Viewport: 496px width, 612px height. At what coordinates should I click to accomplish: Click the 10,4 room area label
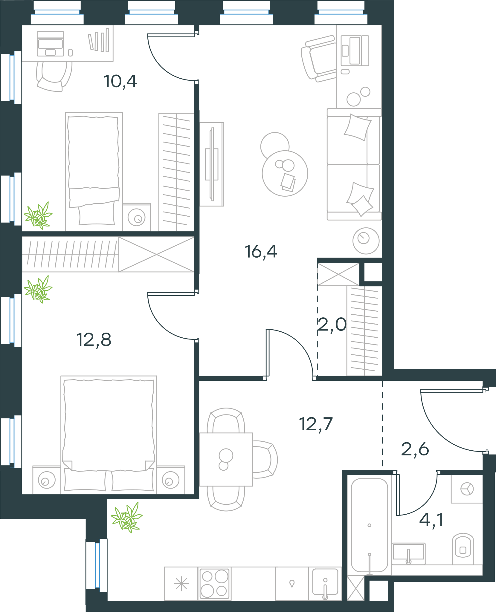pyautogui.click(x=120, y=81)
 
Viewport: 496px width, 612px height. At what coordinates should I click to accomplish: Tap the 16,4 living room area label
pyautogui.click(x=261, y=252)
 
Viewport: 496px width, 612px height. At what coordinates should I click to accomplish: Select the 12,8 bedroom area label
pyautogui.click(x=94, y=340)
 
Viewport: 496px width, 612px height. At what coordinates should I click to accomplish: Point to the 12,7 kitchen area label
pyautogui.click(x=316, y=424)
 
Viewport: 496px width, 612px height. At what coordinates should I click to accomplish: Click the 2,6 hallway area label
pyautogui.click(x=415, y=449)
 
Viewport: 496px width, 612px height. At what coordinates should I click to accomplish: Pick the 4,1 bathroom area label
pyautogui.click(x=431, y=520)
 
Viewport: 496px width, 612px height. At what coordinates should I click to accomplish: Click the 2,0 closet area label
pyautogui.click(x=332, y=325)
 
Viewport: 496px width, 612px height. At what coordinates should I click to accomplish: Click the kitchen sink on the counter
pyautogui.click(x=325, y=583)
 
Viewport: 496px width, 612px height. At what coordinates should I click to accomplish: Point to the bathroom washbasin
pyautogui.click(x=408, y=553)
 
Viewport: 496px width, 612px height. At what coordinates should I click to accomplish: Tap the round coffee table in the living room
pyautogui.click(x=285, y=173)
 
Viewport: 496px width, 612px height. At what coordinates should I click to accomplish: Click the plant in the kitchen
pyautogui.click(x=127, y=517)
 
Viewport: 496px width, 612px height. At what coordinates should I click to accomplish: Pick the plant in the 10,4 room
pyautogui.click(x=38, y=215)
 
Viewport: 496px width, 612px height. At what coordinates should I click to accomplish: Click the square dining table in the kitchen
pyautogui.click(x=226, y=460)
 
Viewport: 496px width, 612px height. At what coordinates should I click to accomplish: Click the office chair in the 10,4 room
pyautogui.click(x=54, y=76)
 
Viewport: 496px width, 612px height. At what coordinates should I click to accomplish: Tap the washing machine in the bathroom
pyautogui.click(x=467, y=489)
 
